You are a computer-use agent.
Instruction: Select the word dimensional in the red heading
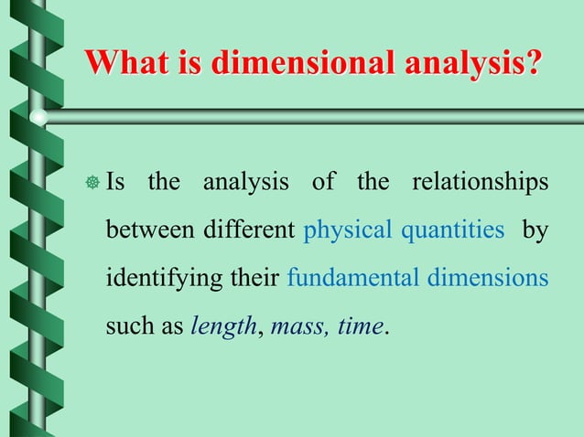(292, 63)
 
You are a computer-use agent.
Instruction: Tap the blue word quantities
(452, 229)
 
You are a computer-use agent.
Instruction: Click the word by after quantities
(535, 229)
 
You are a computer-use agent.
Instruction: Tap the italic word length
(222, 325)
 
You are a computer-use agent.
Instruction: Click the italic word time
(358, 325)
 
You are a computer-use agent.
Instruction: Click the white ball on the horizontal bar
(38, 117)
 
